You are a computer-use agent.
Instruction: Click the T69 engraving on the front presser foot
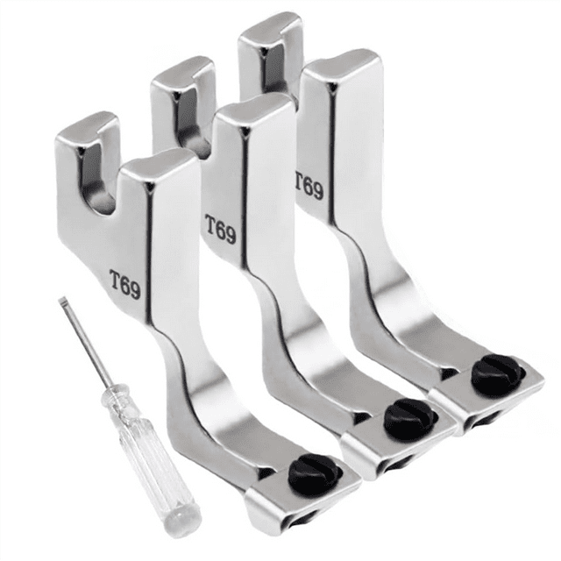[x=124, y=284]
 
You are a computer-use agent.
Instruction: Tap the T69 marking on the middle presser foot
[x=220, y=229]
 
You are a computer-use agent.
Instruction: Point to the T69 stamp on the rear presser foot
[x=309, y=186]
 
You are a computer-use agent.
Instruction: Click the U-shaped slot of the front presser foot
[x=96, y=179]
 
